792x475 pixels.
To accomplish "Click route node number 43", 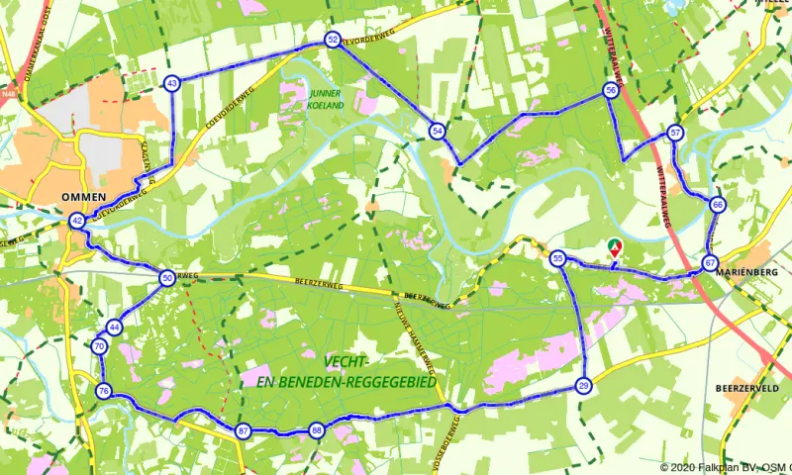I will [172, 84].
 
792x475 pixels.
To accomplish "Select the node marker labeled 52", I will [332, 40].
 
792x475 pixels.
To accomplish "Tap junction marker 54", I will [437, 131].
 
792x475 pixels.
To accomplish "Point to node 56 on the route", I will [611, 90].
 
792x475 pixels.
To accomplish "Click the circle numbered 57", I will [675, 133].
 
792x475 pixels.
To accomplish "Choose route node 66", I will [717, 205].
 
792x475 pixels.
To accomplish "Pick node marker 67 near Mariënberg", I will [710, 262].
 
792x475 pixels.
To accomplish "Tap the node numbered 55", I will [558, 258].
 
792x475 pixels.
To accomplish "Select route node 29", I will [584, 385].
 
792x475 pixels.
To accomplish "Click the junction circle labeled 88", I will [316, 430].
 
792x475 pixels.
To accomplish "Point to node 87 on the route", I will [244, 430].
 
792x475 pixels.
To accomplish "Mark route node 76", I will [104, 392].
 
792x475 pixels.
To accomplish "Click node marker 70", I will [99, 347].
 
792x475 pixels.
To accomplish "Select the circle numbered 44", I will [115, 327].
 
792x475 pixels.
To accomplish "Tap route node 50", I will [167, 279].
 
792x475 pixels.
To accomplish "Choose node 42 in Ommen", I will [77, 221].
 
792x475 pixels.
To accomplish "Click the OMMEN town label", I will [77, 196].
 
